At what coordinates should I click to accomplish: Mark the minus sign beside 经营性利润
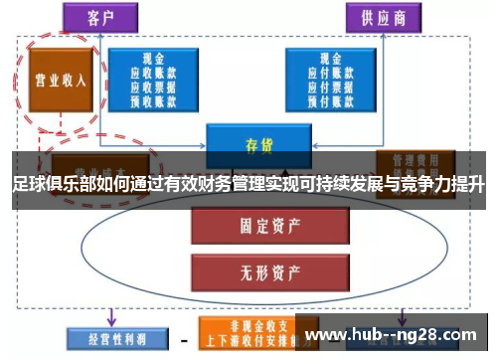pos(183,338)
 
